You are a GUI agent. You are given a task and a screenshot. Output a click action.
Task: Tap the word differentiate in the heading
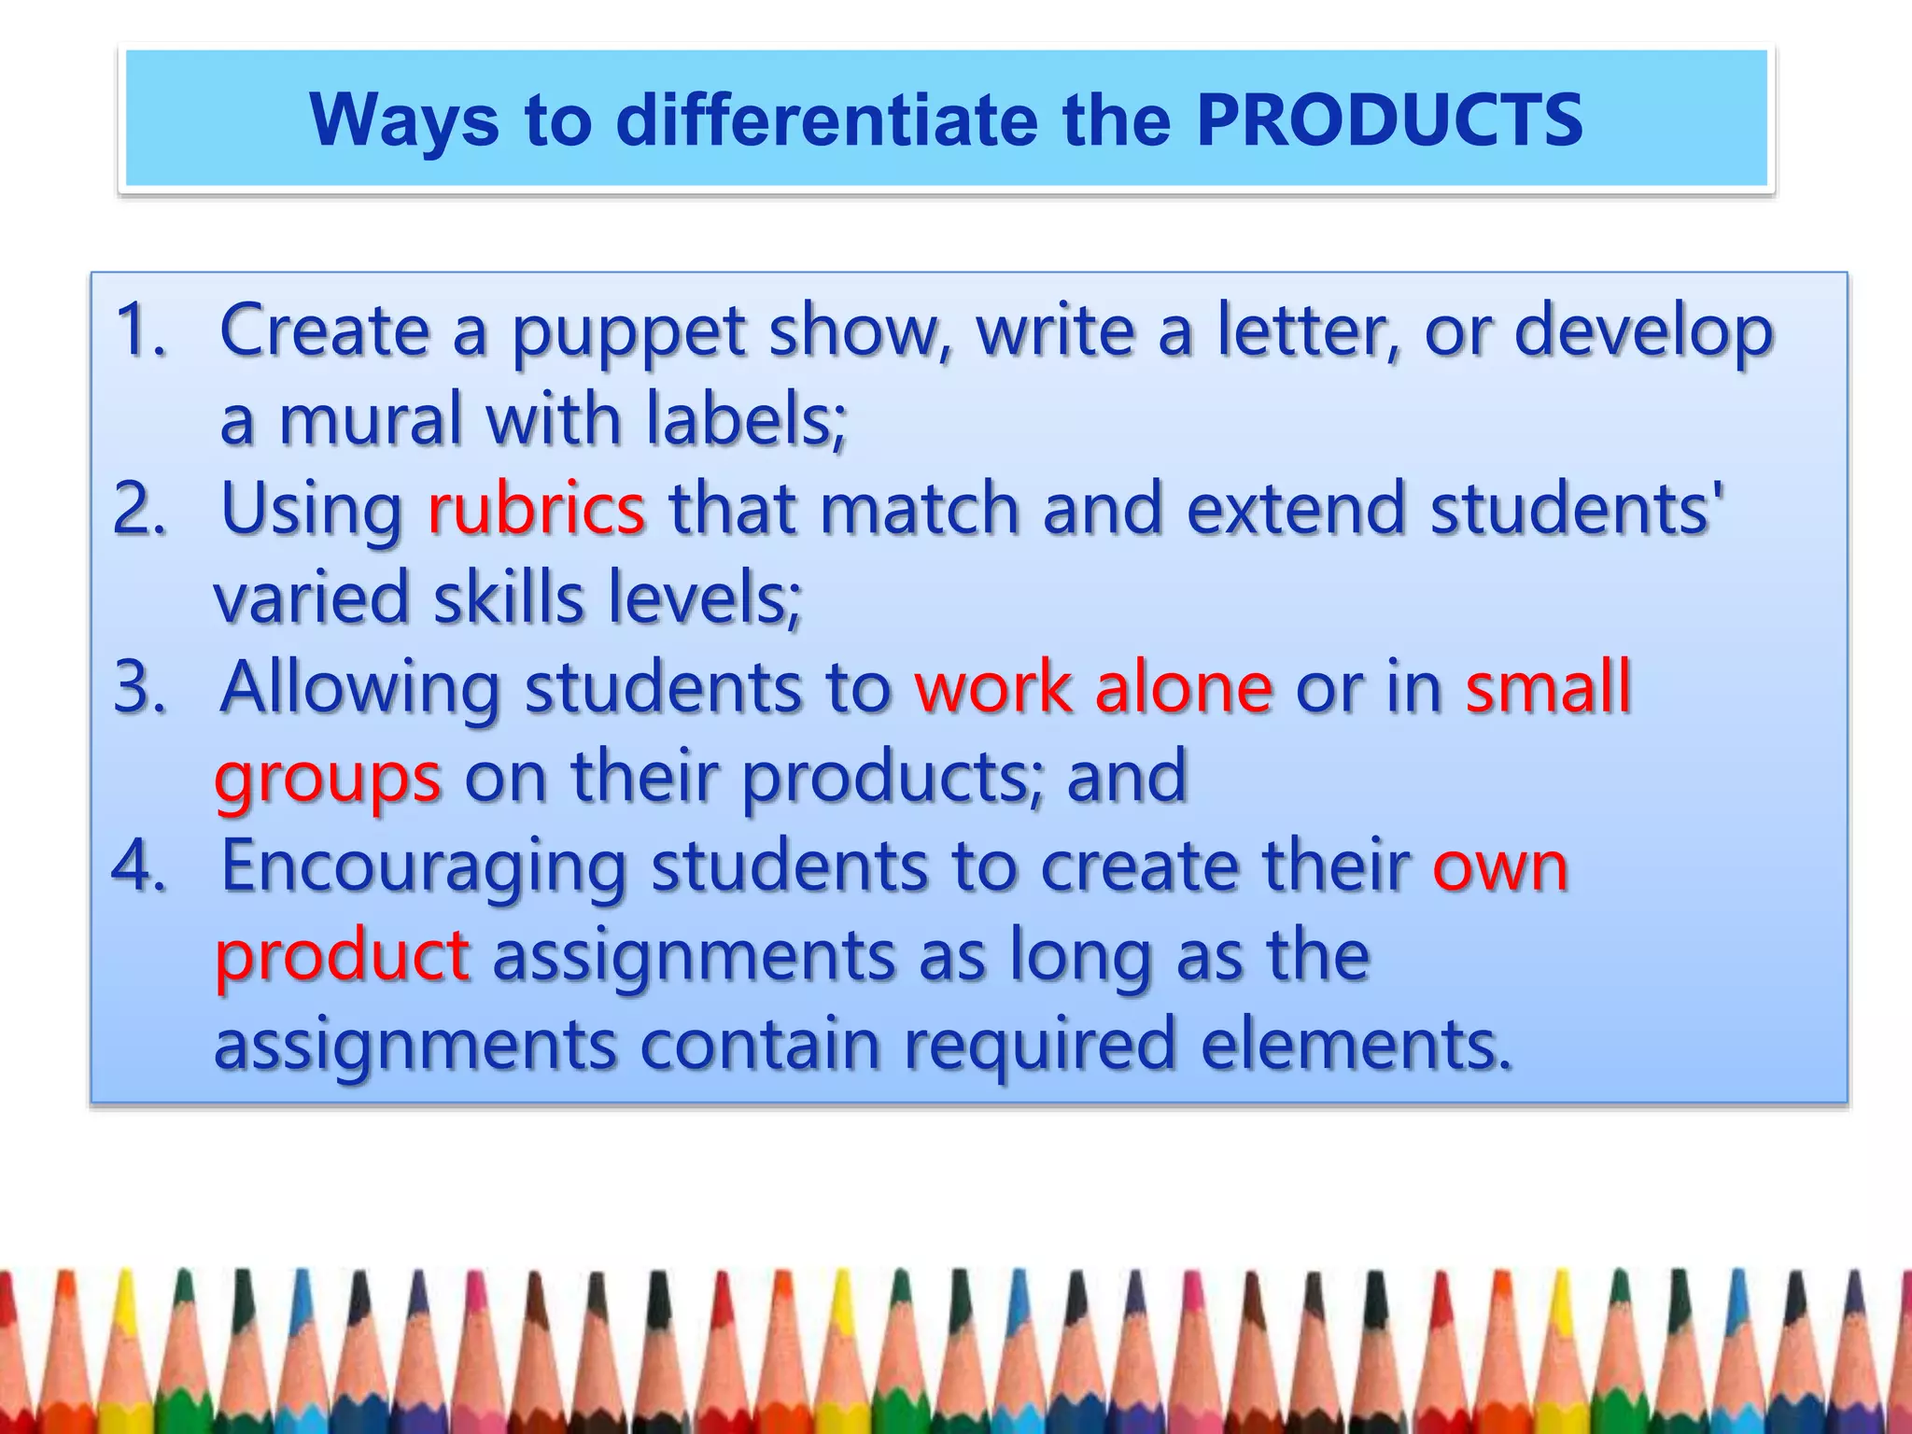click(826, 120)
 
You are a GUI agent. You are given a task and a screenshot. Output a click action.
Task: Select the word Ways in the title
click(404, 122)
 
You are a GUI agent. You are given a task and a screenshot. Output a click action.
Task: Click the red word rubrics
click(536, 509)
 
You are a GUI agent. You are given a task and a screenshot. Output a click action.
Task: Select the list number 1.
click(139, 330)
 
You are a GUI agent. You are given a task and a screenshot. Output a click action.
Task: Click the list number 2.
click(139, 509)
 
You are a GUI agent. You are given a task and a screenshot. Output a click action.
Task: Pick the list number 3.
click(139, 687)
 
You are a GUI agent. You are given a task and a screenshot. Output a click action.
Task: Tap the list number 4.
click(139, 865)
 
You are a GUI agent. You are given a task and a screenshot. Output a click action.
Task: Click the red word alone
click(1183, 687)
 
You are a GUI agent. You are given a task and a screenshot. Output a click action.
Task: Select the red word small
click(1548, 687)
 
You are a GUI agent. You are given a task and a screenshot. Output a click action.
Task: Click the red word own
click(1500, 867)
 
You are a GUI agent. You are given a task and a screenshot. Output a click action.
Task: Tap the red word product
click(342, 957)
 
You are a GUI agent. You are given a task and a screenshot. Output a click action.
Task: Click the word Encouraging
click(423, 867)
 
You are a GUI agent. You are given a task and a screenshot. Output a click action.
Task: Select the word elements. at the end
click(1355, 1045)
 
